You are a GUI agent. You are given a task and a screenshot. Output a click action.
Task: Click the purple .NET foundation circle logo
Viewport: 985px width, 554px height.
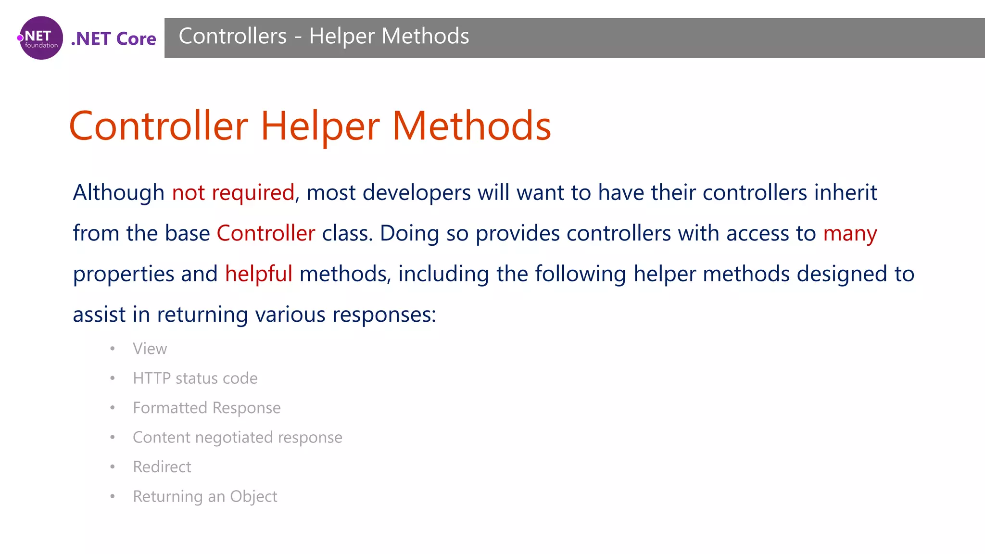[x=41, y=38]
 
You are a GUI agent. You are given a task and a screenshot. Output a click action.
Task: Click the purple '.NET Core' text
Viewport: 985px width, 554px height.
[x=114, y=38]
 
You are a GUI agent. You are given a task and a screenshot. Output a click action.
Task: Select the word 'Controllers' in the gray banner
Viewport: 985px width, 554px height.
[x=233, y=37]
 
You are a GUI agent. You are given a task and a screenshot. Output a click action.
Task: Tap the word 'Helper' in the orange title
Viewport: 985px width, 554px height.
[x=320, y=126]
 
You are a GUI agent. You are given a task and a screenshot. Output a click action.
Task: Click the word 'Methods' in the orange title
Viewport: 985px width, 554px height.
[x=471, y=126]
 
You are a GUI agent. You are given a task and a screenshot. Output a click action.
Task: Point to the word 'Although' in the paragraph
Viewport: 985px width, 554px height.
[x=118, y=193]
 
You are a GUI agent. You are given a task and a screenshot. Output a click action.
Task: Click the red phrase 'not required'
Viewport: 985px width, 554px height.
[x=233, y=193]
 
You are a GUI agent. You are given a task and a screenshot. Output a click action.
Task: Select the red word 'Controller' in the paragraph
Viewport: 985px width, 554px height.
[x=266, y=234]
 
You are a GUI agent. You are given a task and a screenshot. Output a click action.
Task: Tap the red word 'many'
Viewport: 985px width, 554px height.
[x=850, y=234]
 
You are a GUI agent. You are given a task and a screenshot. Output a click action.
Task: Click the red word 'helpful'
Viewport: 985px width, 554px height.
[x=258, y=274]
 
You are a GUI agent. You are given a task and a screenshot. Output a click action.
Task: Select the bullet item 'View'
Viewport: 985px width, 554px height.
[x=150, y=349]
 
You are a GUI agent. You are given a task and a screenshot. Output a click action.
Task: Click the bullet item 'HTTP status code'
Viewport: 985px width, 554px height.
[x=195, y=378]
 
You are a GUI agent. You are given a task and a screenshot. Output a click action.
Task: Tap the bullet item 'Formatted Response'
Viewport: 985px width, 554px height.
[x=206, y=408]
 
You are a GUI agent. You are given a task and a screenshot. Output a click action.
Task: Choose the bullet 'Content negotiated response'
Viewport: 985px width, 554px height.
[x=237, y=438]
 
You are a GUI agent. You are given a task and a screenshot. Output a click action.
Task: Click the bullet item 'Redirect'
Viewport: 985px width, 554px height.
[x=162, y=467]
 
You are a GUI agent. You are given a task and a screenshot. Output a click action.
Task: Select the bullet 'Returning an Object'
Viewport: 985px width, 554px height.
[x=205, y=496]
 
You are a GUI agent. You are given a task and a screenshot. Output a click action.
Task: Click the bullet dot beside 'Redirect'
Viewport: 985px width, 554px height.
[x=113, y=467]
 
